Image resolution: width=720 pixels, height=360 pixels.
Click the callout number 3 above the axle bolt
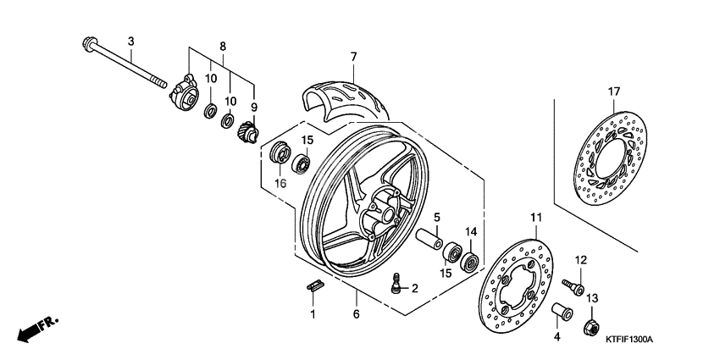131,42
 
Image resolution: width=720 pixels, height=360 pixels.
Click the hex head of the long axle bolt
88,44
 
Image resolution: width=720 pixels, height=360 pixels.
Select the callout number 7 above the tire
352,57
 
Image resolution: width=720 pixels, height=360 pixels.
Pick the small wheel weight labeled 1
313,285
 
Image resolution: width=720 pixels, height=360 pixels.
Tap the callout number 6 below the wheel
356,315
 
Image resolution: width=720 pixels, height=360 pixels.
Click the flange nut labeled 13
593,324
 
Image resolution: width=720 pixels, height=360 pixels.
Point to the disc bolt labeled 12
575,286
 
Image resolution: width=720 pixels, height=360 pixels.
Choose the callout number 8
223,46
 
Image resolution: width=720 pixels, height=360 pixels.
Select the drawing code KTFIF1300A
629,340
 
